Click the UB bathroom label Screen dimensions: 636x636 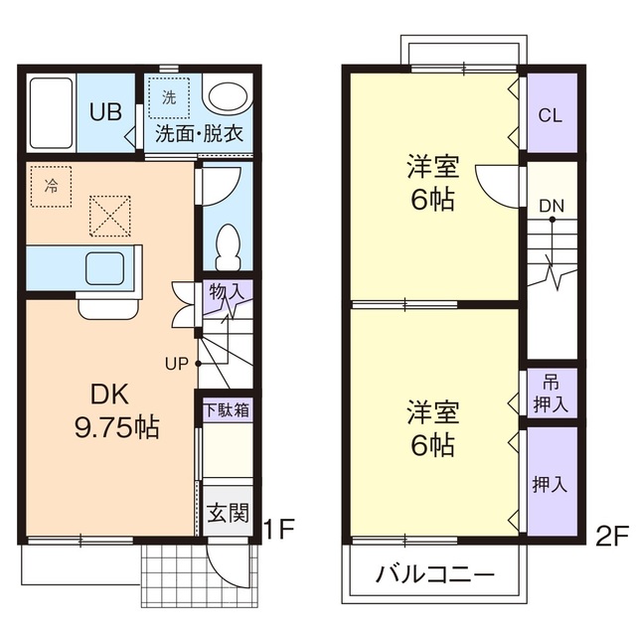click(107, 111)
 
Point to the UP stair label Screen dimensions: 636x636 click(178, 363)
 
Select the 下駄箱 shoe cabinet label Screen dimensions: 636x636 click(227, 409)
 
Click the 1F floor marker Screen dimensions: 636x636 click(279, 530)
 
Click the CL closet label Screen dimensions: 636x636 click(550, 114)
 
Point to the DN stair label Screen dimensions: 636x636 click(552, 206)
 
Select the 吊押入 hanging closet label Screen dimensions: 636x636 click(550, 393)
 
